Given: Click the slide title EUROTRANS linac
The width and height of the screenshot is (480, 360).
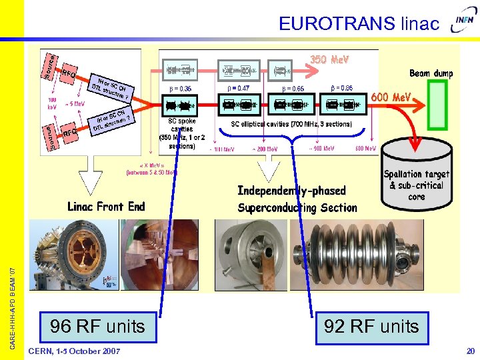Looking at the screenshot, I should (359, 24).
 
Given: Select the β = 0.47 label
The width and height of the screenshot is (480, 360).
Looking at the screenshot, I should (235, 88).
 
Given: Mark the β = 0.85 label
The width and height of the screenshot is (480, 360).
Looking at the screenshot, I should (342, 88).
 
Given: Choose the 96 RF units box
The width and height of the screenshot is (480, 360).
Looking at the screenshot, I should (97, 326).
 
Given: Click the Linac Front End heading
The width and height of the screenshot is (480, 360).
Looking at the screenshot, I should (106, 207).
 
